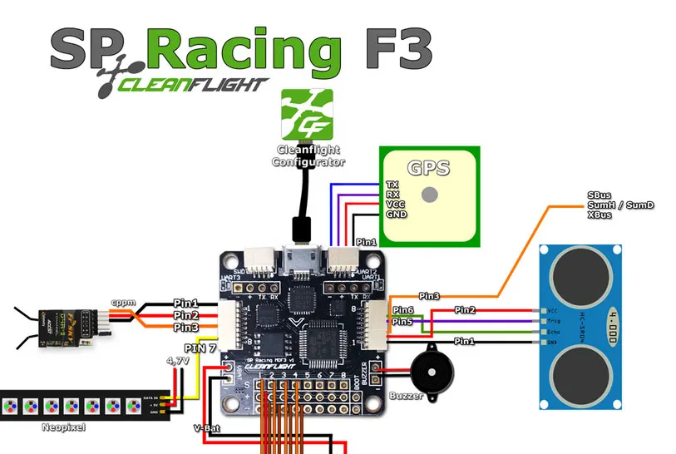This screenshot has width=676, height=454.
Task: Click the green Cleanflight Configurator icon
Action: click(x=307, y=114)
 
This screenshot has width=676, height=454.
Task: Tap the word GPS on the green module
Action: click(x=429, y=168)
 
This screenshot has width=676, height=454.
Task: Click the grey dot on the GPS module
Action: click(x=429, y=195)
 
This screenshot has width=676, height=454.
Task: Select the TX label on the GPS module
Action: click(x=392, y=184)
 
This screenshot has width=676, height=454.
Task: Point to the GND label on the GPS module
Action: click(x=396, y=214)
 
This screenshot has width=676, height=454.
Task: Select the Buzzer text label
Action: click(x=407, y=396)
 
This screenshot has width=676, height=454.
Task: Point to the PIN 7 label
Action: click(x=200, y=348)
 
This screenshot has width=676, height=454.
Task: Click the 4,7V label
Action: click(x=177, y=362)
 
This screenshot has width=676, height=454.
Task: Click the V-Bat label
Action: click(x=207, y=428)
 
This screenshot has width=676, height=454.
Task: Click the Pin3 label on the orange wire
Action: click(x=429, y=295)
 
